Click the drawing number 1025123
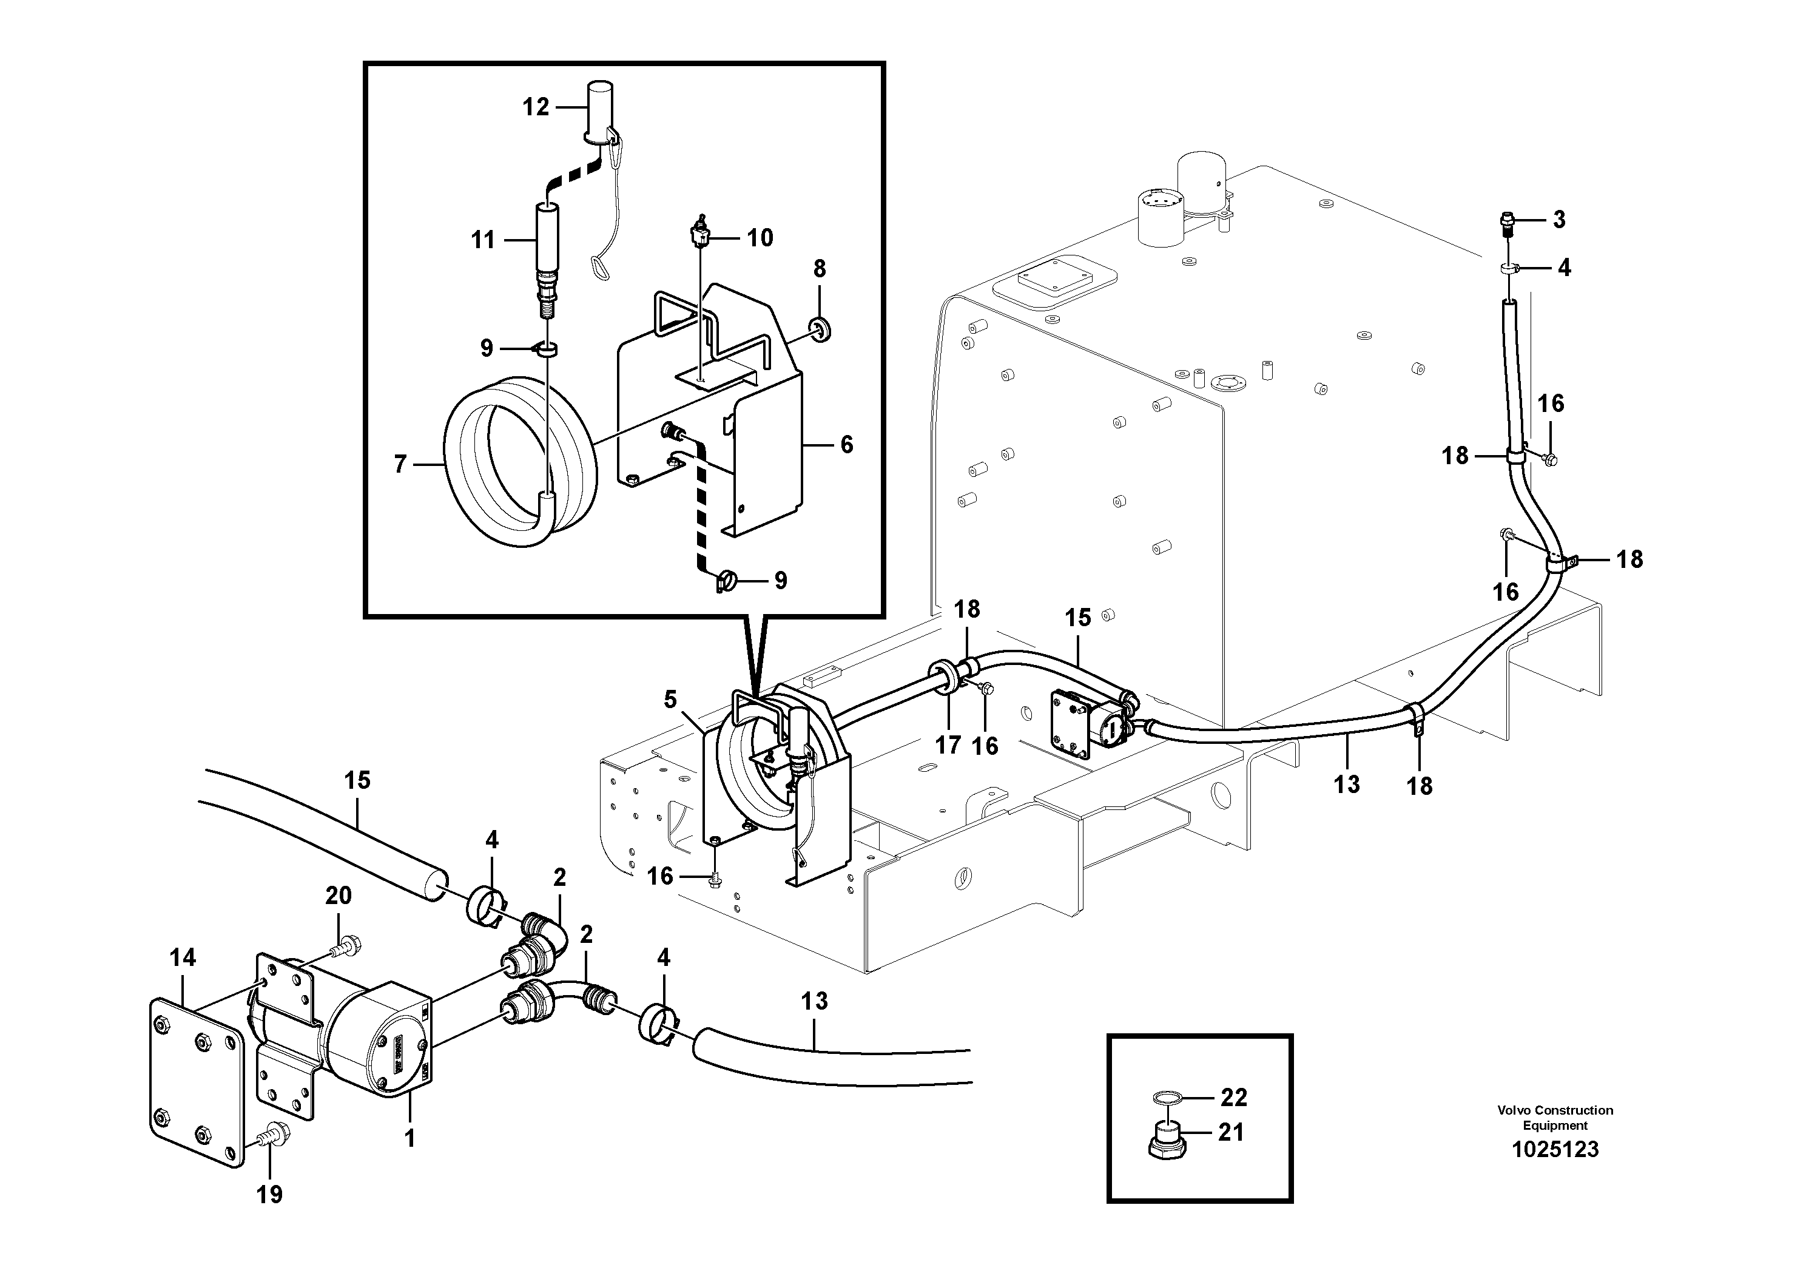tap(1554, 1149)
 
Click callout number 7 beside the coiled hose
tap(400, 465)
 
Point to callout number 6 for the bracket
tap(846, 445)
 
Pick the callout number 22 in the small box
tap(1234, 1098)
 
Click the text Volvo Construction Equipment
tap(1554, 1117)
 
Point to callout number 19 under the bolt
tap(269, 1195)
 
